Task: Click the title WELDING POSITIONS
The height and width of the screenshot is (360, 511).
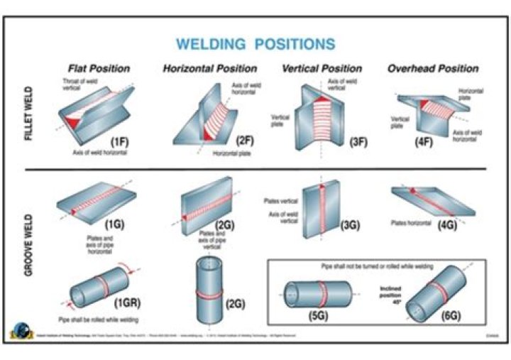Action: tap(255, 44)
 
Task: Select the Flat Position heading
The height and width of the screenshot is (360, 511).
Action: tap(99, 69)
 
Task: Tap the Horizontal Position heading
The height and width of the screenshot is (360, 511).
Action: tap(210, 69)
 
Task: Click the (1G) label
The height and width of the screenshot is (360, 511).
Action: tap(115, 224)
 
